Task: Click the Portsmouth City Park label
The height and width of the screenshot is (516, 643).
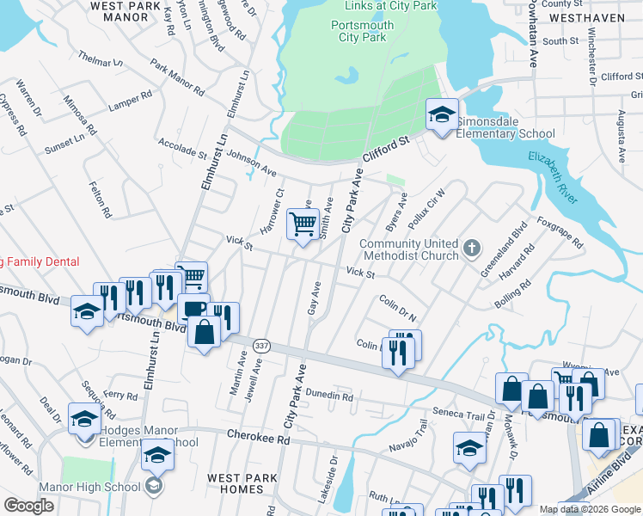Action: [x=363, y=32]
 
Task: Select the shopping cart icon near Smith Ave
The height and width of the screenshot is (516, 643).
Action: [x=303, y=226]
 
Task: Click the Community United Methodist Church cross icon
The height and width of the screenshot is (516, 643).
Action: [x=471, y=249]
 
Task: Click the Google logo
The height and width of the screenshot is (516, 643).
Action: [x=28, y=506]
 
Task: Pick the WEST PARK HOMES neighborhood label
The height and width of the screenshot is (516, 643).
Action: [x=241, y=483]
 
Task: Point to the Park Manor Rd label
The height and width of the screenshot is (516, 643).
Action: [x=178, y=77]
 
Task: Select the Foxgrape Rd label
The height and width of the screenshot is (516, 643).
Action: [x=560, y=231]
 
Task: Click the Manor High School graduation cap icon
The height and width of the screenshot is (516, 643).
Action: [x=153, y=486]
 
